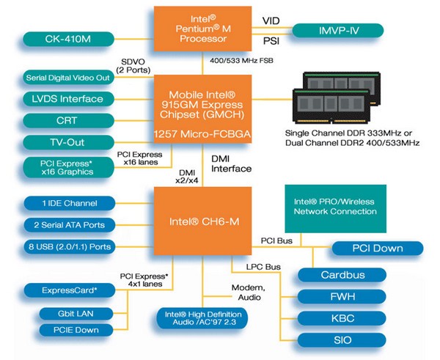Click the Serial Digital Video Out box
[x=69, y=77]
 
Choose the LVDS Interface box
[x=69, y=99]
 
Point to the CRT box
[x=69, y=120]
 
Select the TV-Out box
[x=69, y=142]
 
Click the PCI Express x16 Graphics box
[x=69, y=167]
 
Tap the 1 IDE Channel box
[x=69, y=202]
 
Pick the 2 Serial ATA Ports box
[x=69, y=224]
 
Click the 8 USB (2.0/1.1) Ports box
[x=69, y=247]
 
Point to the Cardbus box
[x=342, y=275]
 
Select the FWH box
[x=342, y=297]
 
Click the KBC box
[x=342, y=318]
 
